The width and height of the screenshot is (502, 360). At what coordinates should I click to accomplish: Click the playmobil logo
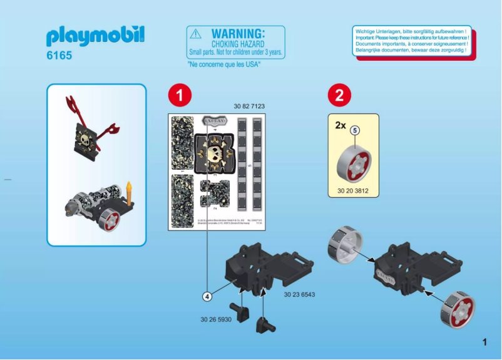click(x=95, y=36)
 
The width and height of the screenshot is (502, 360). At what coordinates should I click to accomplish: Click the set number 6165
click(x=59, y=56)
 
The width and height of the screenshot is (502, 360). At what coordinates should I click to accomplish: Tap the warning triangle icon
click(x=196, y=34)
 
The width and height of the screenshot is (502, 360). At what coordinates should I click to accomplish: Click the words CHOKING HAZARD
click(x=238, y=44)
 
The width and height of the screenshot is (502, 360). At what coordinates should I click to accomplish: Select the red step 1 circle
click(x=179, y=95)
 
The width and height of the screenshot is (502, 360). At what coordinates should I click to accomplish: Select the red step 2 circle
click(x=339, y=95)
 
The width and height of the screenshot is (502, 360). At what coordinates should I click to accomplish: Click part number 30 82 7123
click(x=249, y=106)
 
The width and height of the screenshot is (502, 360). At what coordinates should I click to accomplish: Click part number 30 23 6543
click(x=299, y=294)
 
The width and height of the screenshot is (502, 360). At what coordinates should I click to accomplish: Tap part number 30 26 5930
click(x=216, y=319)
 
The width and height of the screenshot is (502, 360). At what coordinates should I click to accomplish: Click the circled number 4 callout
click(x=207, y=296)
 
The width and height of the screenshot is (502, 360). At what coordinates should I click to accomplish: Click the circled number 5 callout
click(x=355, y=130)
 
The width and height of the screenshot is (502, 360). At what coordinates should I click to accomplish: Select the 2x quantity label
click(x=340, y=125)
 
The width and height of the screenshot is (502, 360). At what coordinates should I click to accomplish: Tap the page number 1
click(x=484, y=342)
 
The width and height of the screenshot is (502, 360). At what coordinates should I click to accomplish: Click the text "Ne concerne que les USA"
click(x=224, y=64)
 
